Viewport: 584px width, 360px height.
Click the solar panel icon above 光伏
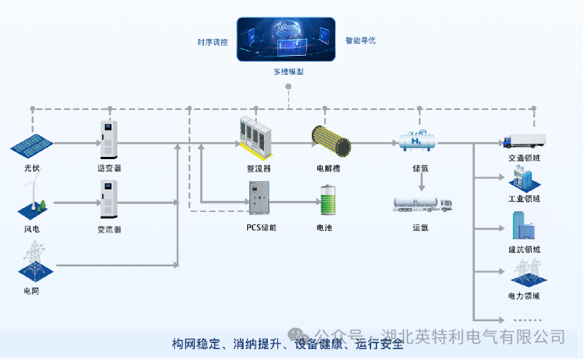pos(31,145)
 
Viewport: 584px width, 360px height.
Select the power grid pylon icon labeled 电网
pos(32,261)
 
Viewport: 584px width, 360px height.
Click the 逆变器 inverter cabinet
pos(109,139)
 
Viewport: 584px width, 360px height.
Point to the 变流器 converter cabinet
pos(109,199)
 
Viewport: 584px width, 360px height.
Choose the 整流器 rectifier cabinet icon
pos(258,137)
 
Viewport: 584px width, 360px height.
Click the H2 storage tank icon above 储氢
pos(418,141)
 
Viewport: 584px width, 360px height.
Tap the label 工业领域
pos(524,199)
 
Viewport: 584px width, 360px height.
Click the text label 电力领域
pos(524,296)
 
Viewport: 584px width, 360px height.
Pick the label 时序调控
pos(213,42)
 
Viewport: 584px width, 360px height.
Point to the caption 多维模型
pos(288,72)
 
